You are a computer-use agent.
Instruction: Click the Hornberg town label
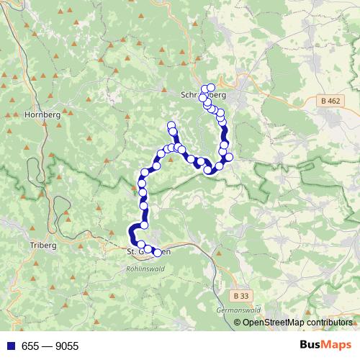(x=39, y=114)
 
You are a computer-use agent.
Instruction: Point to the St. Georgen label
(x=148, y=252)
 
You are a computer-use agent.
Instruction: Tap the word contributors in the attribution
(x=329, y=323)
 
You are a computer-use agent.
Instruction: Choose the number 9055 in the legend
(x=66, y=346)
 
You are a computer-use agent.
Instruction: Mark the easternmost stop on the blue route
(x=230, y=157)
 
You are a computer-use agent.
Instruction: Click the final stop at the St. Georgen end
(x=157, y=252)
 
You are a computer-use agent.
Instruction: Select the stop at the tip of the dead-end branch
(x=171, y=126)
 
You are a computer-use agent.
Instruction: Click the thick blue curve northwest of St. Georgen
(x=132, y=233)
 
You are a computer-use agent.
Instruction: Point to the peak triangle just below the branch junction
(x=170, y=160)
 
